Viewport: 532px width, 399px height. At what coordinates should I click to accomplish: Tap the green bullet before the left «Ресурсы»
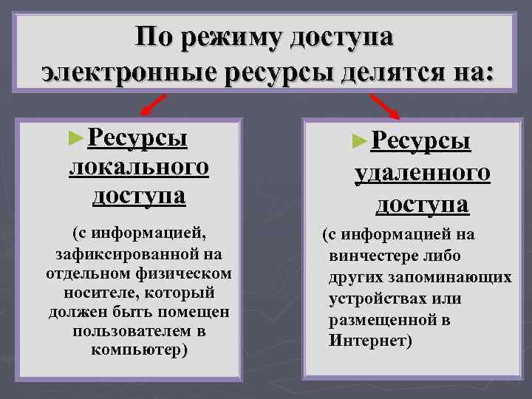click(x=72, y=137)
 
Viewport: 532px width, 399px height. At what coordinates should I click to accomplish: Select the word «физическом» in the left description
click(x=188, y=273)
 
